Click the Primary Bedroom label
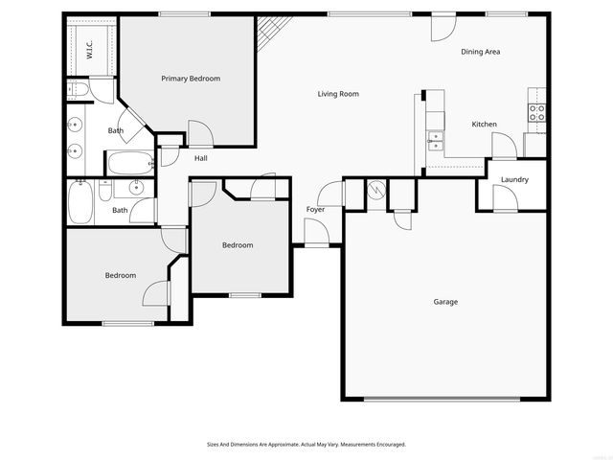click(x=191, y=79)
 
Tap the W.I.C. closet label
click(x=88, y=50)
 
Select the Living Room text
click(x=338, y=94)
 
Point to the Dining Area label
click(x=481, y=52)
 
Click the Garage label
click(x=445, y=302)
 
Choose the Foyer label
click(x=315, y=209)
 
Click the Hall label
click(x=201, y=158)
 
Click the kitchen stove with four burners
click(x=537, y=115)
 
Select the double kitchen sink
click(x=436, y=141)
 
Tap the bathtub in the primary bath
click(x=129, y=162)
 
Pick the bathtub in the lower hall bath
click(x=79, y=203)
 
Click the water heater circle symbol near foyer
click(x=376, y=190)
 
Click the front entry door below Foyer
click(x=315, y=233)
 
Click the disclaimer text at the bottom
click(x=306, y=445)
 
